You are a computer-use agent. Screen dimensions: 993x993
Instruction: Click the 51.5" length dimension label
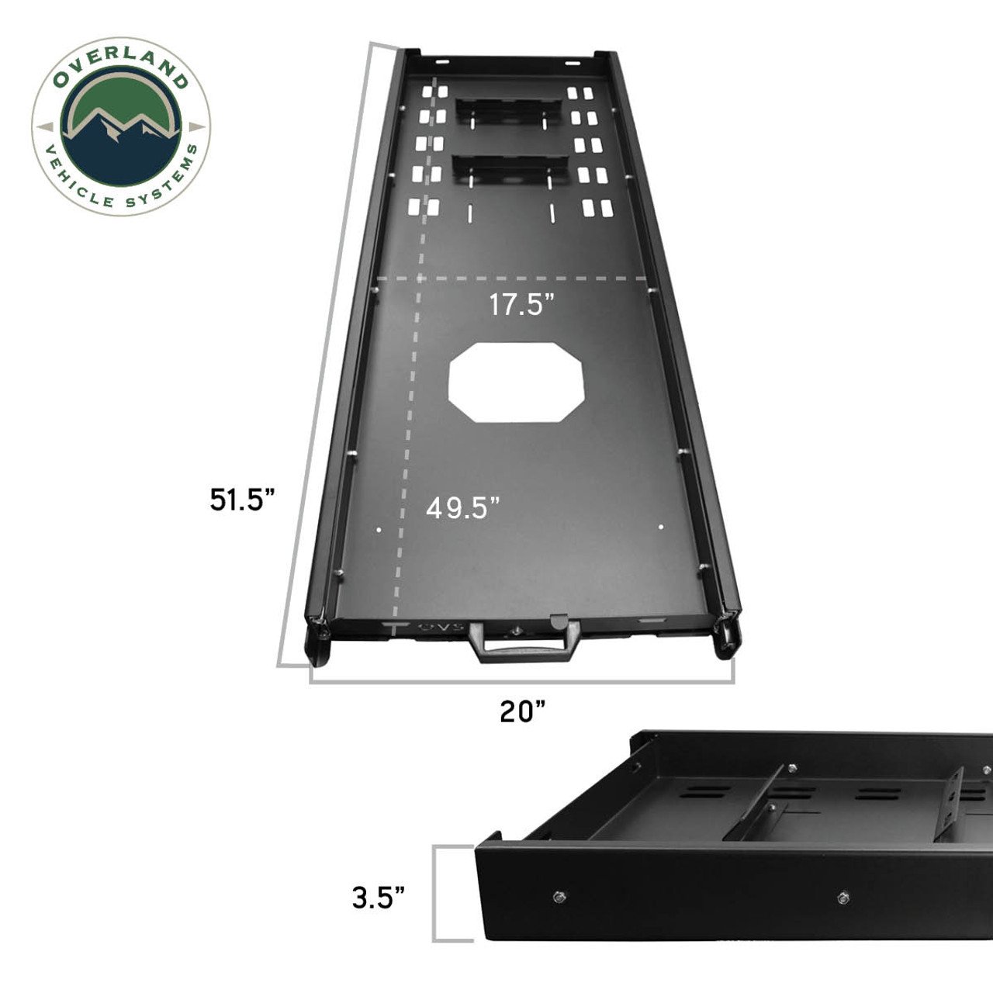point(243,499)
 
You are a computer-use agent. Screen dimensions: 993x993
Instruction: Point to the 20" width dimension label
point(523,711)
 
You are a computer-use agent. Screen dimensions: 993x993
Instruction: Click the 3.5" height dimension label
point(379,898)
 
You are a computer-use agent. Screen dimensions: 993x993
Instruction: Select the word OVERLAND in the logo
point(120,71)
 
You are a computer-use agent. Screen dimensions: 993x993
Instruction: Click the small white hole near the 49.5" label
point(379,530)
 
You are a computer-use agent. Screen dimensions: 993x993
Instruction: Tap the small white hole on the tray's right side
point(661,528)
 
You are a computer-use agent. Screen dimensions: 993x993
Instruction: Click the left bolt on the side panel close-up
point(559,897)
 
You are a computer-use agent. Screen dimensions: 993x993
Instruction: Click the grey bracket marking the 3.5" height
point(442,894)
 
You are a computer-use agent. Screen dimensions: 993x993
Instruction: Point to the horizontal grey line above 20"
point(521,682)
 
